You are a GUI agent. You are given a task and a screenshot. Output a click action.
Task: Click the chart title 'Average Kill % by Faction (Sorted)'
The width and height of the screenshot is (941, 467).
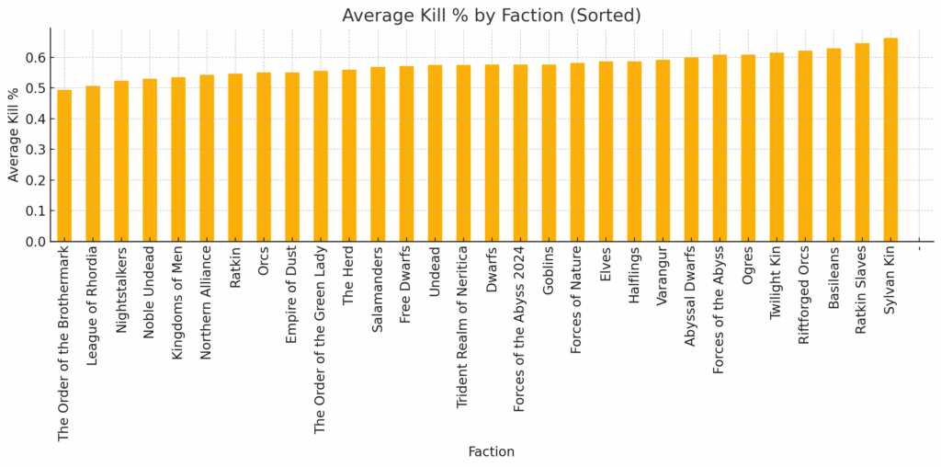491,16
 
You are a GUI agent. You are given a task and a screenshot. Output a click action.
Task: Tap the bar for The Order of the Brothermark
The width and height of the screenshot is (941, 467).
64,165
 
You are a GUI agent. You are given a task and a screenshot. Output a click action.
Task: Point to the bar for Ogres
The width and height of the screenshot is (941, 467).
748,148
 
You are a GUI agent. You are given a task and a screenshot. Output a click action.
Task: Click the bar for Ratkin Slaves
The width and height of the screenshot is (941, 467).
862,142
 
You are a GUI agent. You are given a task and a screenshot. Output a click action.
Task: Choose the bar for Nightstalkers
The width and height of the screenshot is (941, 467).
121,161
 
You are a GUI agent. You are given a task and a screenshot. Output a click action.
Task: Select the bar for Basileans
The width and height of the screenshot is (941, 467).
833,144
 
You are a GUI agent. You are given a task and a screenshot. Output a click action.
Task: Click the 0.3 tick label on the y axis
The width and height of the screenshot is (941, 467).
35,150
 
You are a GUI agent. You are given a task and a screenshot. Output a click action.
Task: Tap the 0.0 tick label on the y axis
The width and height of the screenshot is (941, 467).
35,242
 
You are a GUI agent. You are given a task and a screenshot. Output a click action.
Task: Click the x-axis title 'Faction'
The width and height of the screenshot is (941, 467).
491,451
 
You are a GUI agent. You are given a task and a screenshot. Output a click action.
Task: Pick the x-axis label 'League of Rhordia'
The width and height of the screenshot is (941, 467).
93,303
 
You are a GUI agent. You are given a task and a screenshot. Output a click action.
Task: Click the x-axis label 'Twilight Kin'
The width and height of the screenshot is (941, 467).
777,281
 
